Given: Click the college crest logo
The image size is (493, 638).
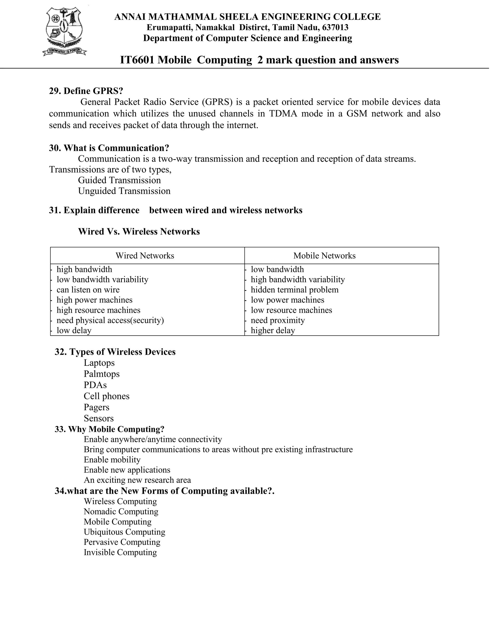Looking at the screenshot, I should pos(65,32).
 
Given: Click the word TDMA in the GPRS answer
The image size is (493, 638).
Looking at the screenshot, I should pos(283,113).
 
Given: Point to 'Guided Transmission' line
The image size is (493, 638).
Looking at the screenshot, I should pos(119,180).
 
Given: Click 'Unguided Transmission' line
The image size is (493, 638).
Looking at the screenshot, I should pos(124,191).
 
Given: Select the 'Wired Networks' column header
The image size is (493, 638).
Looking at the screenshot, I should pos(145,256).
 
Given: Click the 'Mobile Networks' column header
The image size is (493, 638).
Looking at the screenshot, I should pos(324,256).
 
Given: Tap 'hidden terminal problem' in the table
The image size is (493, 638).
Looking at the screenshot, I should pos(294,290).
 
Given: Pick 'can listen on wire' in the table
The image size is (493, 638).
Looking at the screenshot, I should pos(88,290).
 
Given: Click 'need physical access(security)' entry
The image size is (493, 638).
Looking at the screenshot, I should pos(110,320).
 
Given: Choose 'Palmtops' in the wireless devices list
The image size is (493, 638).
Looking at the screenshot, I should pos(102,374).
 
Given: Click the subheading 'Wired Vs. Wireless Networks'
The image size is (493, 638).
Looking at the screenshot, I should pos(139,232).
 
